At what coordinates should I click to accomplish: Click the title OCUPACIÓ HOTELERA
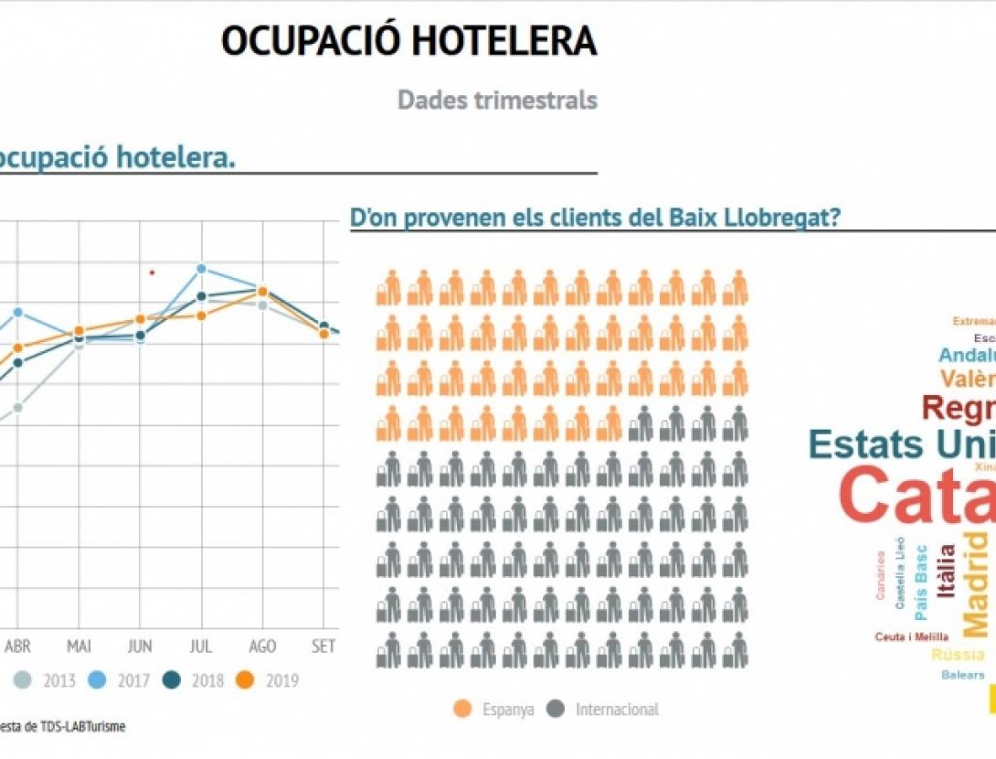[x=408, y=41]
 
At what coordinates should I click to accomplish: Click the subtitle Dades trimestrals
[x=497, y=100]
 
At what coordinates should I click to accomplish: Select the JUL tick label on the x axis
[x=201, y=646]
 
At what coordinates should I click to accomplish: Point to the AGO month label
[x=262, y=646]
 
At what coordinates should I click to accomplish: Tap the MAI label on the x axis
[x=79, y=646]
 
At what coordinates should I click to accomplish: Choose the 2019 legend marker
[x=244, y=680]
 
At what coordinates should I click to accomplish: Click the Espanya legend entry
[x=493, y=709]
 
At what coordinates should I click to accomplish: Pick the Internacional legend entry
[x=604, y=709]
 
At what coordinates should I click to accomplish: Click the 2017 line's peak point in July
[x=202, y=269]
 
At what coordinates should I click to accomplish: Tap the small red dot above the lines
[x=152, y=272]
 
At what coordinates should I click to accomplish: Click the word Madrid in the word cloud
[x=976, y=583]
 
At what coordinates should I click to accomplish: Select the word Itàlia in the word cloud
[x=947, y=571]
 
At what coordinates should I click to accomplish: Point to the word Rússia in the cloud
[x=958, y=655]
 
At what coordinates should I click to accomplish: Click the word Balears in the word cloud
[x=963, y=675]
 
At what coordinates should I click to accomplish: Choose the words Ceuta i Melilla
[x=911, y=636]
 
